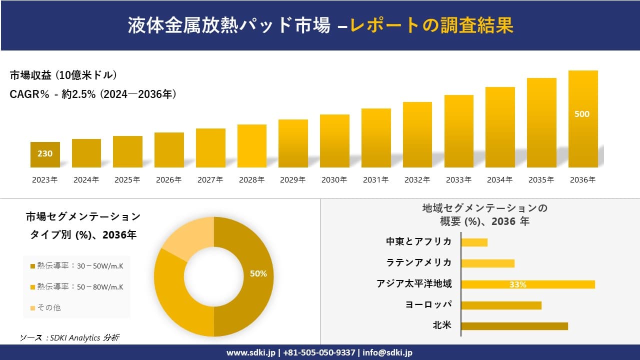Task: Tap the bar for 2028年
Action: [252, 146]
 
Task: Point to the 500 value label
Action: [582, 114]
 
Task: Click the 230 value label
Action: [45, 153]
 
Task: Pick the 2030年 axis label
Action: [334, 180]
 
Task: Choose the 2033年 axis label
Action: [458, 180]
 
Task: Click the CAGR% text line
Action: [93, 94]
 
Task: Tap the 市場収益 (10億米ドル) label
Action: [63, 75]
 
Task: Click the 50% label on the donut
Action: [258, 273]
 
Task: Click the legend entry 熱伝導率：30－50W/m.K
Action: [77, 266]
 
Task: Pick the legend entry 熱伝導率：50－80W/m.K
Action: [77, 286]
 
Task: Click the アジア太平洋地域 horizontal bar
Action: [528, 284]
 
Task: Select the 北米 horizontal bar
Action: [514, 326]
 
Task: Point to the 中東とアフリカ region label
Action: [418, 241]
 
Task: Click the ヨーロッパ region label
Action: [428, 304]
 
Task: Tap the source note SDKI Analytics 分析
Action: [69, 337]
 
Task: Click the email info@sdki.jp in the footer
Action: [387, 352]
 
